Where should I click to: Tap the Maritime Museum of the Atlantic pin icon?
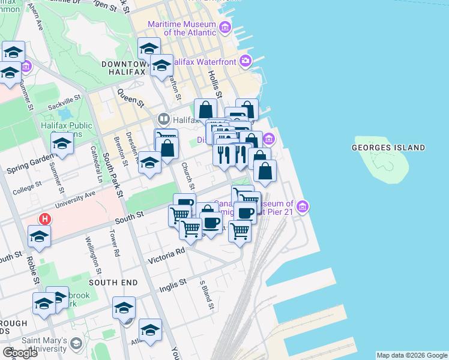[225, 27]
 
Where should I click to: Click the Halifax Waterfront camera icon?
[245, 61]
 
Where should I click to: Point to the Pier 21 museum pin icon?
[304, 207]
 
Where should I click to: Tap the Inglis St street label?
[173, 285]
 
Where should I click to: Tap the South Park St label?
[113, 175]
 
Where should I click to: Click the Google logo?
[20, 352]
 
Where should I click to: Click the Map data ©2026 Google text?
[412, 355]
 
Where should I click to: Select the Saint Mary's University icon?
[76, 344]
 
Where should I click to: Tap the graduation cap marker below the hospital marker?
[39, 237]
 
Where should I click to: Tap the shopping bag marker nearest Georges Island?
[265, 172]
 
